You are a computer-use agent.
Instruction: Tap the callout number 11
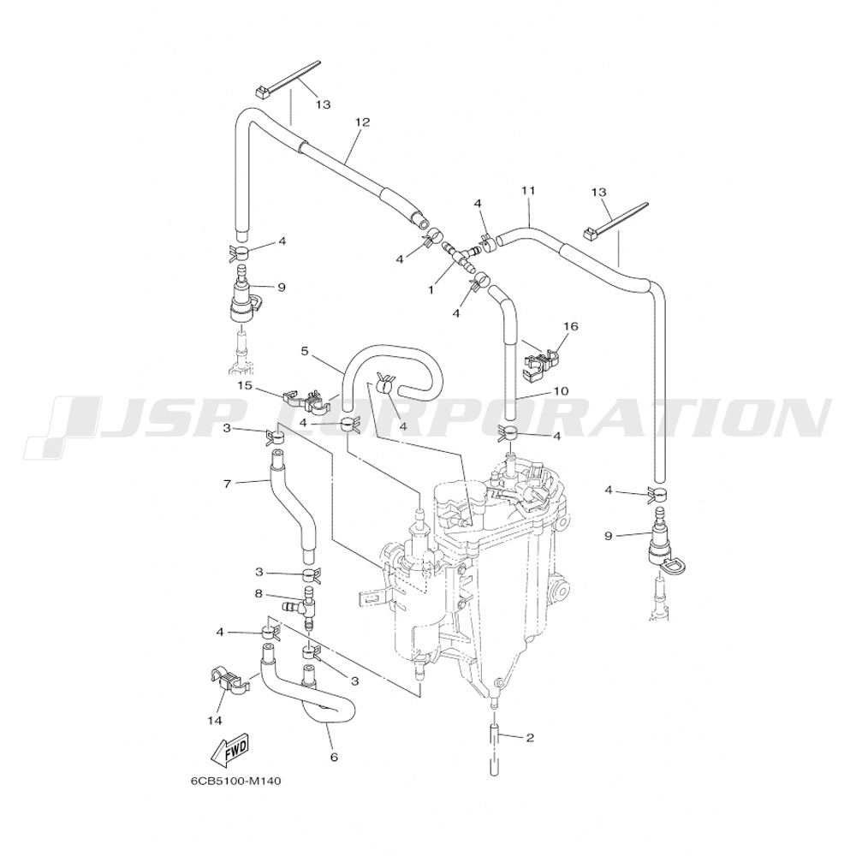point(527,189)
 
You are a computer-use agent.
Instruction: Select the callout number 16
point(571,326)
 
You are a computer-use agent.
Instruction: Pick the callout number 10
point(561,390)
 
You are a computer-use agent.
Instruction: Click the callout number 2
point(530,737)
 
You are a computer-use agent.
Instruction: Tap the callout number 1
point(431,290)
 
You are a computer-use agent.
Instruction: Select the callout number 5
point(304,350)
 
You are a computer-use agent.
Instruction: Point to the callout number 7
point(227,484)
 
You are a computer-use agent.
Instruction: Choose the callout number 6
point(334,756)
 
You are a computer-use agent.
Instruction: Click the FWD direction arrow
point(229,751)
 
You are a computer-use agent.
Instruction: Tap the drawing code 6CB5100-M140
point(236,781)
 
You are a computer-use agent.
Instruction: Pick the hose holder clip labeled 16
point(539,360)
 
